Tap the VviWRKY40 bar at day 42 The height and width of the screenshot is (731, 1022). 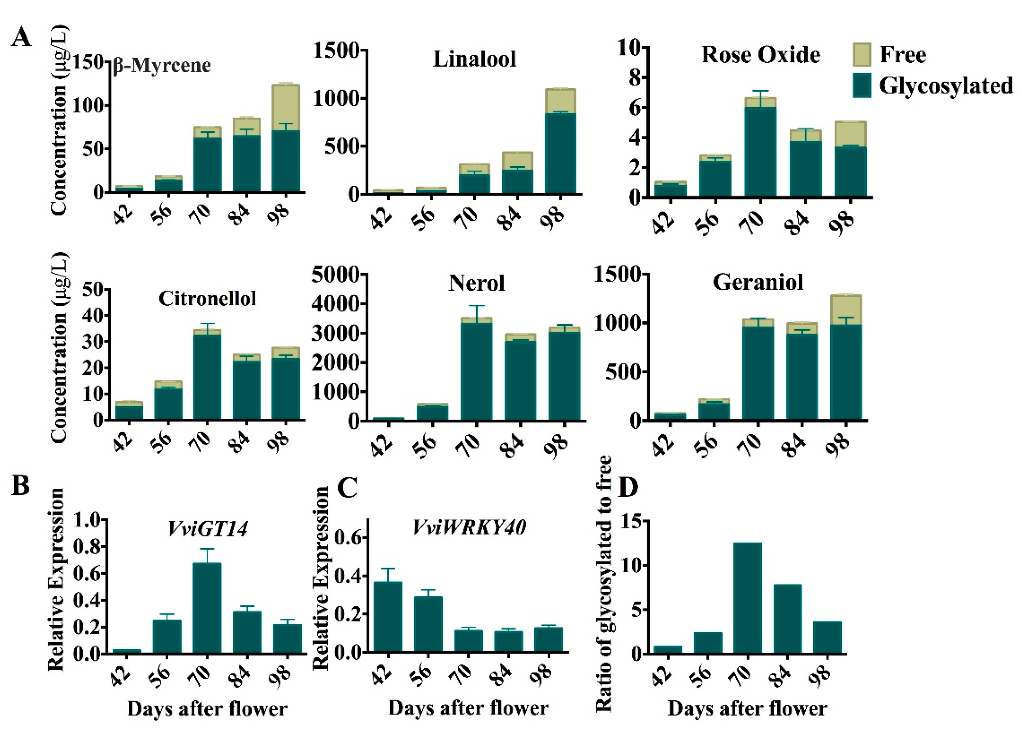click(x=388, y=617)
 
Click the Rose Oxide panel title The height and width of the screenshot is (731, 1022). click(x=760, y=55)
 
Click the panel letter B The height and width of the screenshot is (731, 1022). click(x=21, y=486)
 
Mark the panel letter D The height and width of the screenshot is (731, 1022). click(x=628, y=487)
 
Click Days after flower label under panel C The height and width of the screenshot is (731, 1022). click(x=468, y=708)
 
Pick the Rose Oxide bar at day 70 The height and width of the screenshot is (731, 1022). click(x=760, y=149)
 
